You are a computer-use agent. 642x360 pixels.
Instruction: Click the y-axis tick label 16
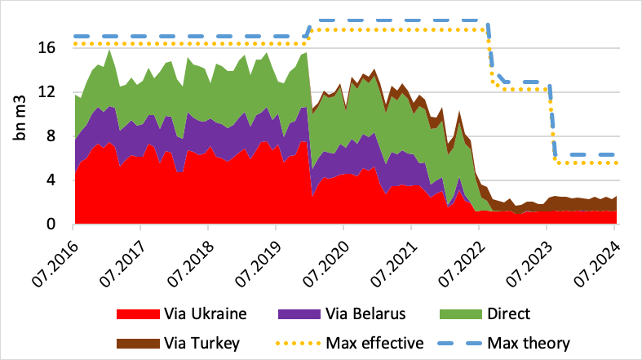48,48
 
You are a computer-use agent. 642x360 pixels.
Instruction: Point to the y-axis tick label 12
48,92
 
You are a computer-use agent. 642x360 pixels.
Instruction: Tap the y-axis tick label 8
51,136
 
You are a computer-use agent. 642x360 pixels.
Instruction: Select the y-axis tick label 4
51,180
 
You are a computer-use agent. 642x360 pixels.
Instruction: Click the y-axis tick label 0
51,224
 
